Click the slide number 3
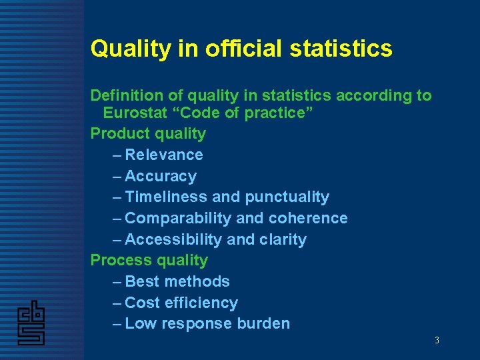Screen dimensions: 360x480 point(437,341)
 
